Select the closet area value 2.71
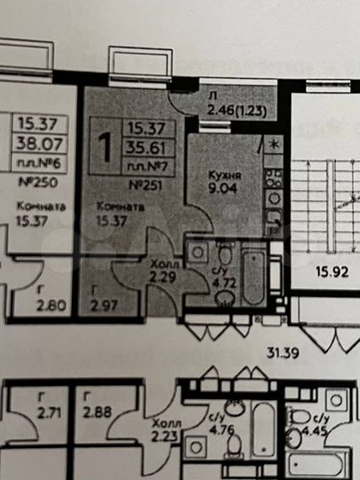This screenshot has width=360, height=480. click(37, 411)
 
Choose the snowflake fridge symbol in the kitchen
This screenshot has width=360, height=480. click(275, 143)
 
